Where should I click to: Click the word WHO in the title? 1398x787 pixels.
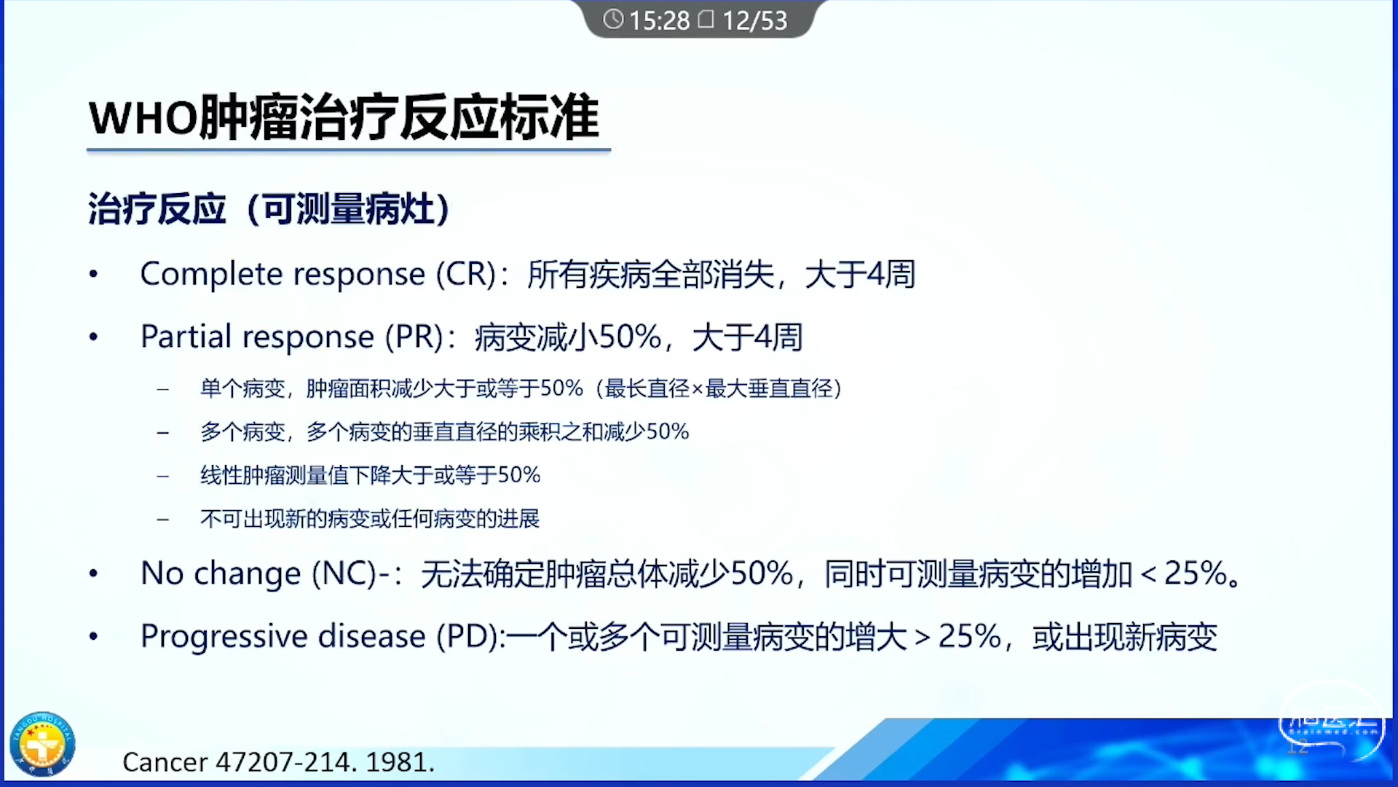coord(143,118)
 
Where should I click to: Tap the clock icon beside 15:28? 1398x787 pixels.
coord(613,19)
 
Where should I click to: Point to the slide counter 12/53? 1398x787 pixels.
coord(754,20)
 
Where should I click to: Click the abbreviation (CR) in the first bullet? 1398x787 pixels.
coord(466,275)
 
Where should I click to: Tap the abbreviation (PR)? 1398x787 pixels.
coord(414,337)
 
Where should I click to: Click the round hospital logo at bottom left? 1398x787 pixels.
coord(42,744)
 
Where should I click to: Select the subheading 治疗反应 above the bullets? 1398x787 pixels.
coord(157,209)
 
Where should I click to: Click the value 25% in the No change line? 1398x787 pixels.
coord(1196,574)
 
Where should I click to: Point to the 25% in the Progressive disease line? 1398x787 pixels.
coord(970,637)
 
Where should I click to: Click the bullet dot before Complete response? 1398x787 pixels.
coord(93,275)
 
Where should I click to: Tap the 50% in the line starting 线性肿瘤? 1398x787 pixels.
coord(519,475)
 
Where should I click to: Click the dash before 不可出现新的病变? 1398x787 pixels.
coord(163,520)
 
